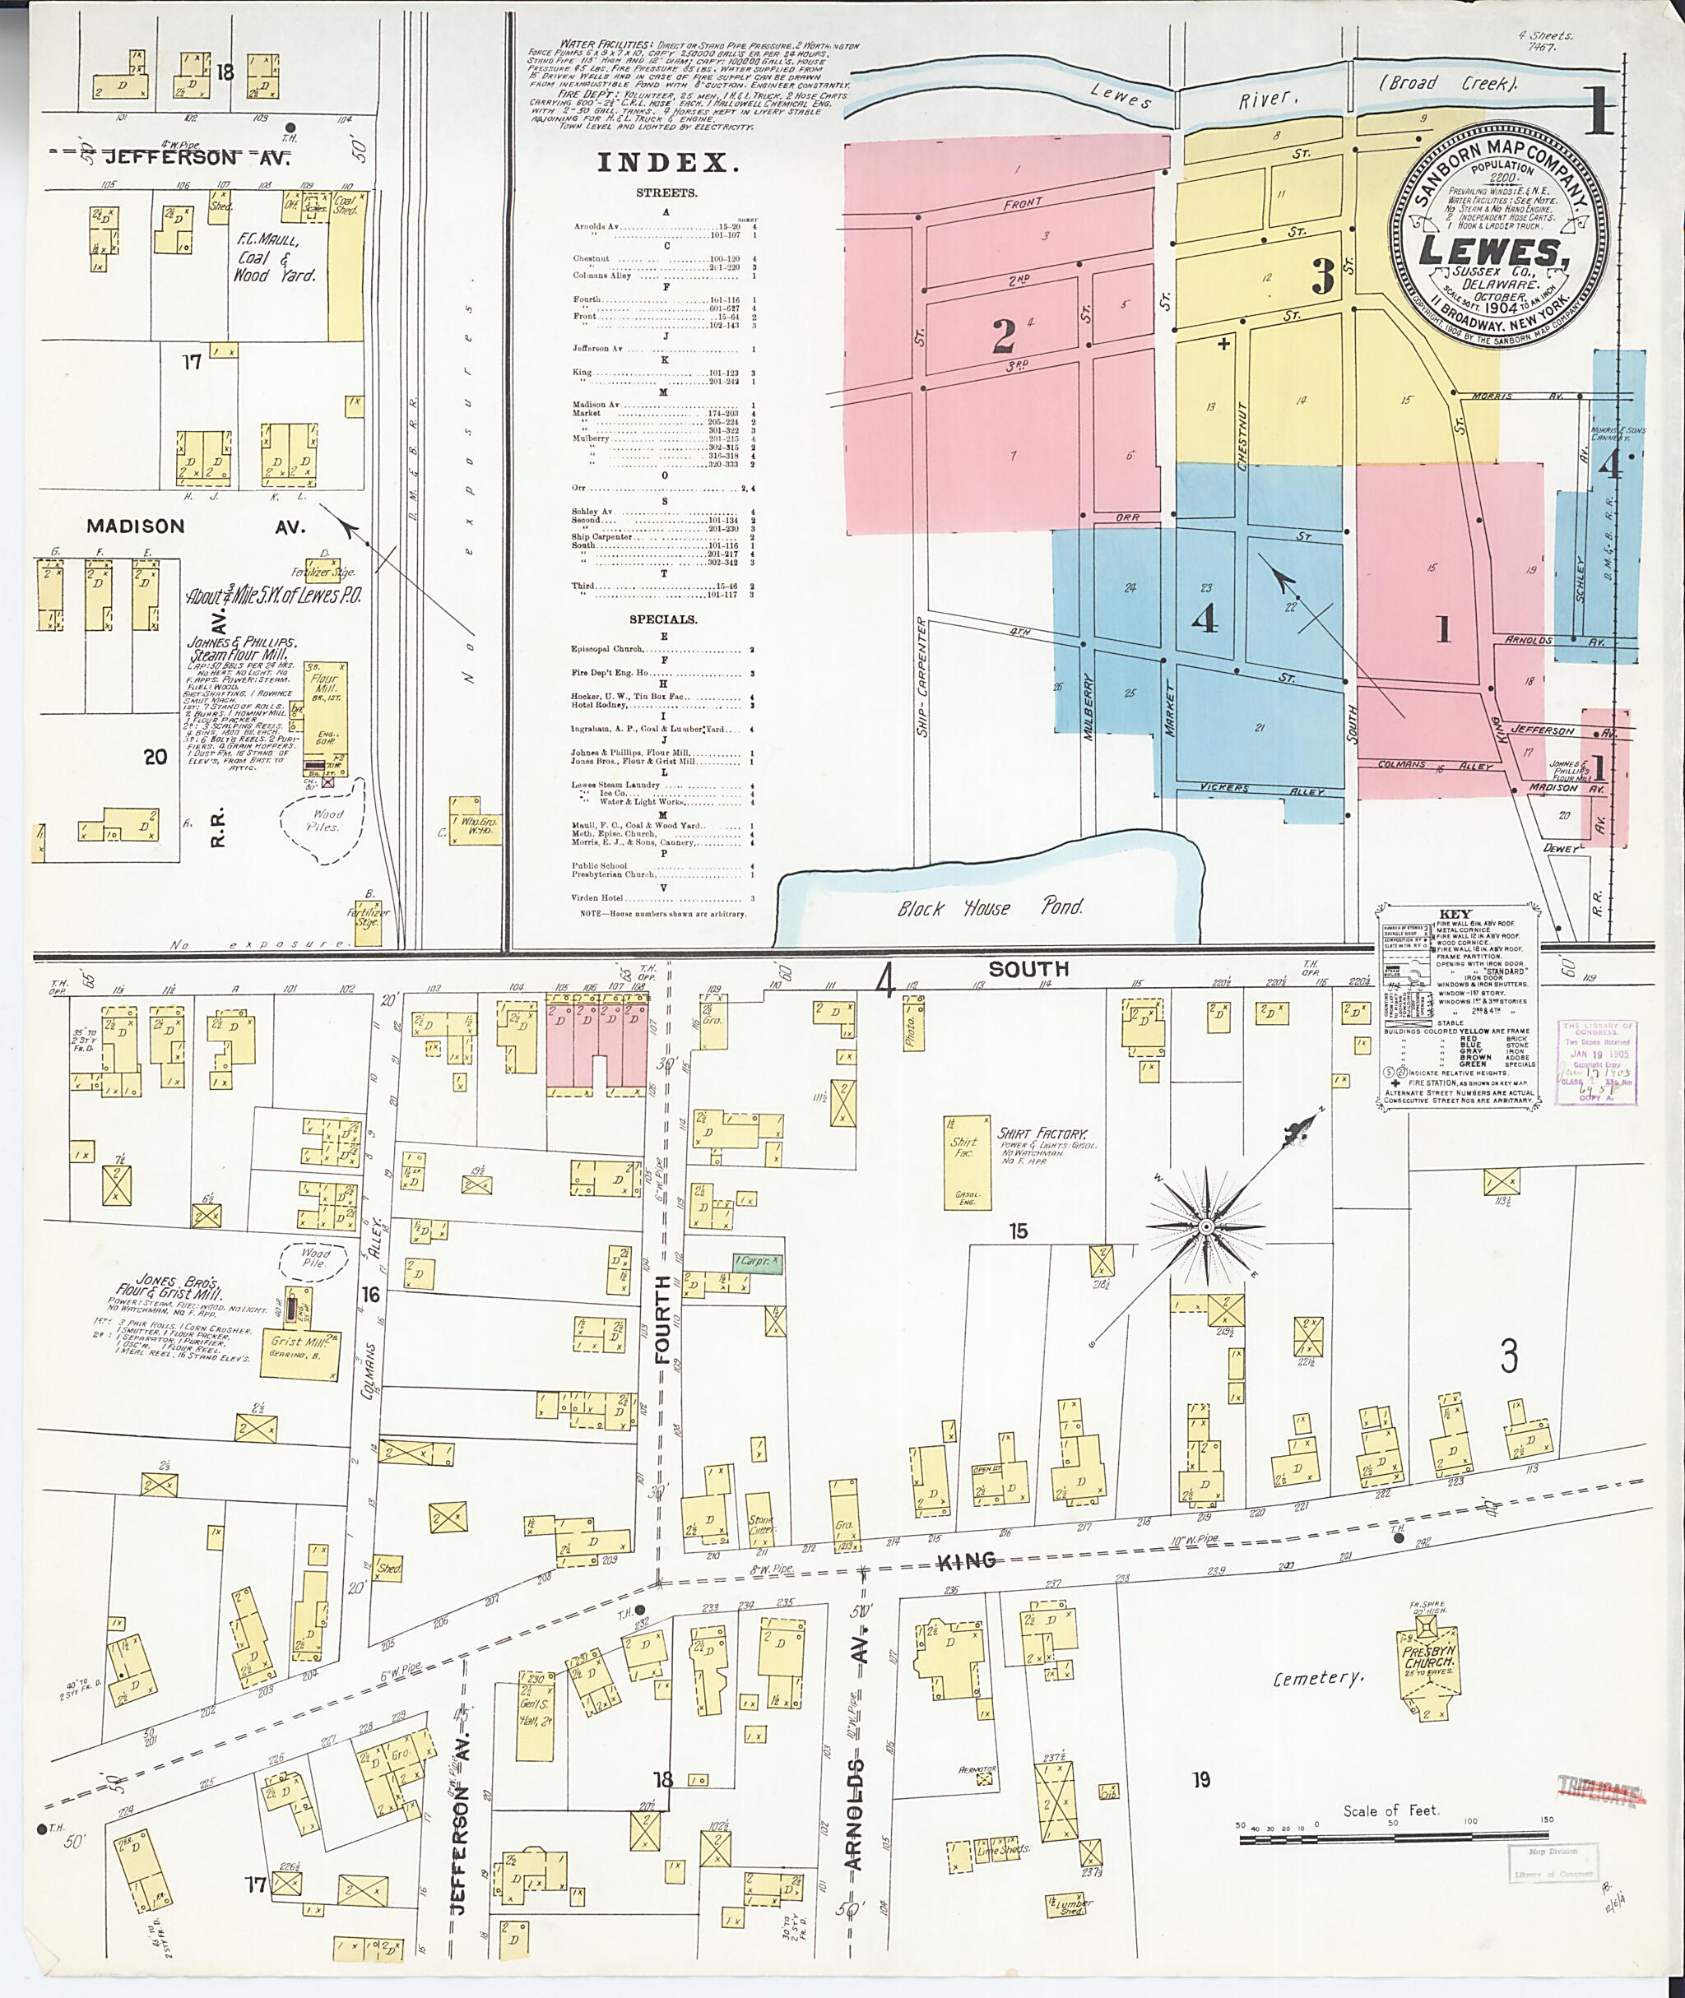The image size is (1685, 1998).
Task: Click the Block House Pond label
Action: (990, 907)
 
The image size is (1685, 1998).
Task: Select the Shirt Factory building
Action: (967, 1161)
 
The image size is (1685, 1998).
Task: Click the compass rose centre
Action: (1205, 1226)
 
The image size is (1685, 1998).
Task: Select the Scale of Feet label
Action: (1390, 1810)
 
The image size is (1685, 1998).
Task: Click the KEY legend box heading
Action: (1454, 914)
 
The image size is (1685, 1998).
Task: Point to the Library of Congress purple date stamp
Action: (1596, 1062)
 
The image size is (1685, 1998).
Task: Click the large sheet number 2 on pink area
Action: (1003, 336)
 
